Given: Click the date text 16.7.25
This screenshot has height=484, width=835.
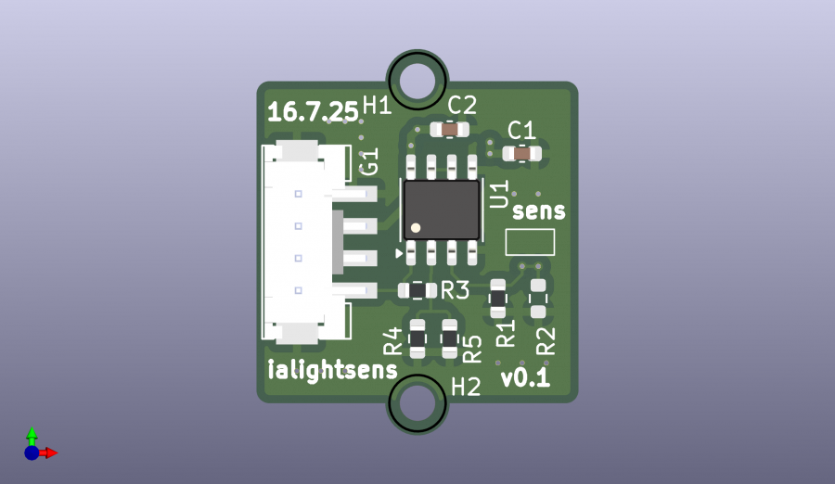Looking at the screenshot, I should [313, 112].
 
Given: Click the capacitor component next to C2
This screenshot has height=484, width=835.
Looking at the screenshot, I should [450, 131].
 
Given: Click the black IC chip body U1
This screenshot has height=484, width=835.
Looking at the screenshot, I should [442, 209].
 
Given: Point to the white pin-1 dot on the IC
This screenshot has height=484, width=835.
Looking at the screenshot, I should [416, 227].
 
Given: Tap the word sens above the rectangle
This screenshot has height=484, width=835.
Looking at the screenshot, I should [539, 211].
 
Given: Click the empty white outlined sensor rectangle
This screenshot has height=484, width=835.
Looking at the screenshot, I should [530, 243].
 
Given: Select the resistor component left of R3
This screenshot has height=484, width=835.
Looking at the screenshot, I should [417, 290].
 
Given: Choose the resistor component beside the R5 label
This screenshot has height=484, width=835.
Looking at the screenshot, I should [450, 339].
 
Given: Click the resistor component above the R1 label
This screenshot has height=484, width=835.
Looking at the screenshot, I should [498, 297].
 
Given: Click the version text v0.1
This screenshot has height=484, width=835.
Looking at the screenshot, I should [525, 379].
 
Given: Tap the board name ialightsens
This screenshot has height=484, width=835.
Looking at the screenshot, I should [332, 370].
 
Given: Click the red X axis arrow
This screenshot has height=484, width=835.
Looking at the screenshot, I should [49, 452].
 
